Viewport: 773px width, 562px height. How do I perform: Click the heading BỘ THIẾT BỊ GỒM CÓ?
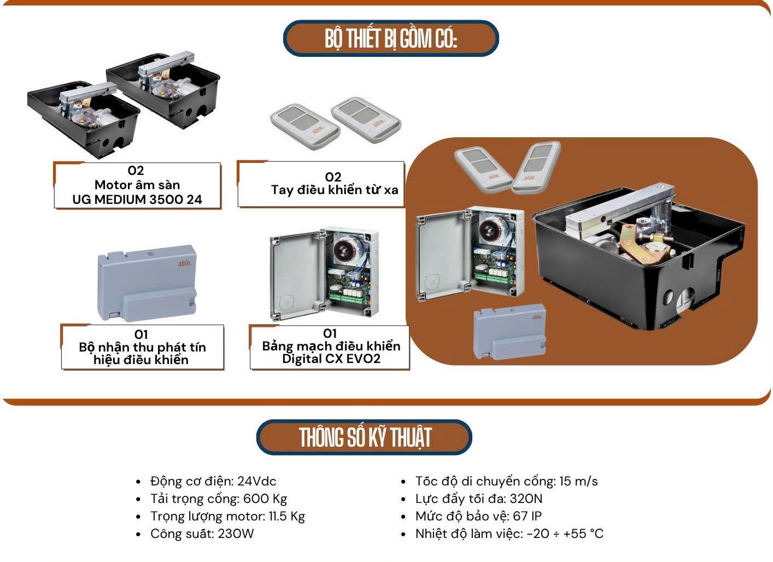(x=390, y=39)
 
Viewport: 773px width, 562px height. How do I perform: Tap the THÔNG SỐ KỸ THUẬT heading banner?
(x=365, y=437)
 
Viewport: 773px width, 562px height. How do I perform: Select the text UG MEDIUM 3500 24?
(x=137, y=200)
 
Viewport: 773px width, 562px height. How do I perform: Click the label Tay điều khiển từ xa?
(x=334, y=190)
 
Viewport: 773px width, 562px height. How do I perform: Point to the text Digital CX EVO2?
(x=331, y=359)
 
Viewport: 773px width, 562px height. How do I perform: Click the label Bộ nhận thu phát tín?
(x=142, y=347)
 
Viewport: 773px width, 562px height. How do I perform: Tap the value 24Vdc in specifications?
(x=257, y=481)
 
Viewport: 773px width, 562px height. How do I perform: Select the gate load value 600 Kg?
(x=265, y=499)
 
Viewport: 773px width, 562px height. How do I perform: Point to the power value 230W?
(x=236, y=534)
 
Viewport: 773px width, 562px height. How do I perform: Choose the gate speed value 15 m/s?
(x=578, y=481)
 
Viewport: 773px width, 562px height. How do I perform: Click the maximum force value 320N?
(x=526, y=499)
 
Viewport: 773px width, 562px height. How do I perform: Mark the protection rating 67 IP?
(x=527, y=516)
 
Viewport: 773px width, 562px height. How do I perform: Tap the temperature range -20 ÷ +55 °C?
(x=565, y=534)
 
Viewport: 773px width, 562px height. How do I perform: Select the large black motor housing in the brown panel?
(x=637, y=257)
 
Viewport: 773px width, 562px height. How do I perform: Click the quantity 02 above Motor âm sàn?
(x=136, y=171)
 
